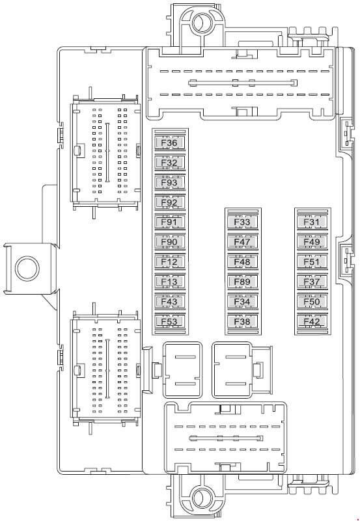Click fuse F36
tap(169, 143)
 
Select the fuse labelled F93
tap(169, 182)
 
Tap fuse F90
tap(169, 242)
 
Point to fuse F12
tap(169, 262)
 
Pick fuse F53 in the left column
tap(169, 321)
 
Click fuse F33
tap(242, 222)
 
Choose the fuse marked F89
tap(242, 282)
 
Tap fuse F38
tap(242, 321)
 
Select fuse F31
tap(312, 222)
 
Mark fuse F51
tap(312, 262)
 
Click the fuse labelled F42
tap(312, 321)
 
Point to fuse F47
tap(242, 242)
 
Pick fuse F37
tap(312, 282)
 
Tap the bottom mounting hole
tap(202, 498)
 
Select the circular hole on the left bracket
tap(27, 269)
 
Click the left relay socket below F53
tap(182, 370)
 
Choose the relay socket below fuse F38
tap(232, 370)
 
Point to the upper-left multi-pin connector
tap(105, 152)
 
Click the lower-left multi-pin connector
tap(105, 369)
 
